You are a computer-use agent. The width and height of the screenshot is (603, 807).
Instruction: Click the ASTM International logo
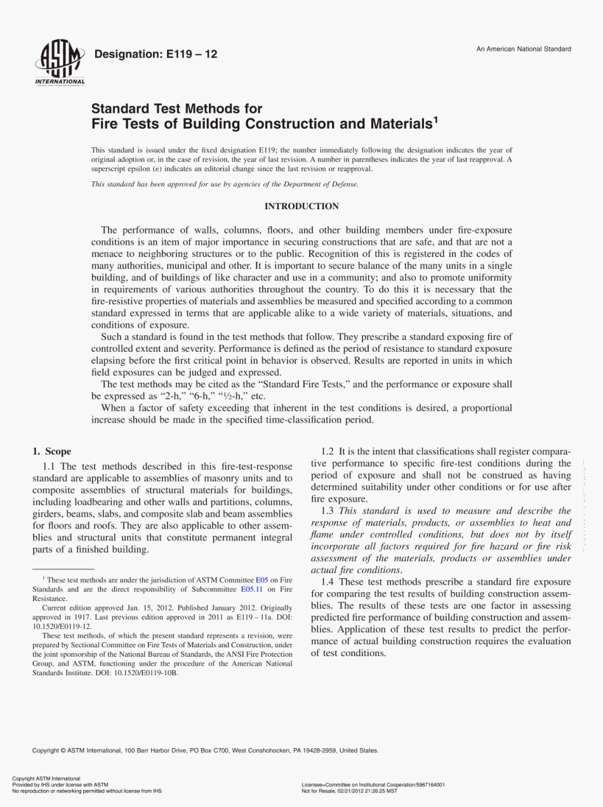60,64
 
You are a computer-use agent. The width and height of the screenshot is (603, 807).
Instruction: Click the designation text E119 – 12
156,55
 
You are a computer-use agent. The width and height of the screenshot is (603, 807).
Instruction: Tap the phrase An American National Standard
524,49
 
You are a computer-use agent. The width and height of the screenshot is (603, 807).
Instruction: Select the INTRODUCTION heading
301,206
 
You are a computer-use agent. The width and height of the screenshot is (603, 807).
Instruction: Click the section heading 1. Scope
52,451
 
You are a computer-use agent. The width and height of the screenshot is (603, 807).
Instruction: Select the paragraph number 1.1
49,466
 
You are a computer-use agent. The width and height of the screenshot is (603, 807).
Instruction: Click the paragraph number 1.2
328,451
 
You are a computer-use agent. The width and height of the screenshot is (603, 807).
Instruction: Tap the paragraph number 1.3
328,510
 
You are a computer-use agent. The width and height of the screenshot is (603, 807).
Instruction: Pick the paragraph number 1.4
328,582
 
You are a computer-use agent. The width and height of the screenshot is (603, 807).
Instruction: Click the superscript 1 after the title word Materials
435,119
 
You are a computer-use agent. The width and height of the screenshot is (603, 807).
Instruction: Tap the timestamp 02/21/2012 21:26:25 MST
361,791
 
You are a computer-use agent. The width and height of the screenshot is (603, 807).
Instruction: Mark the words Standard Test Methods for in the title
176,109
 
